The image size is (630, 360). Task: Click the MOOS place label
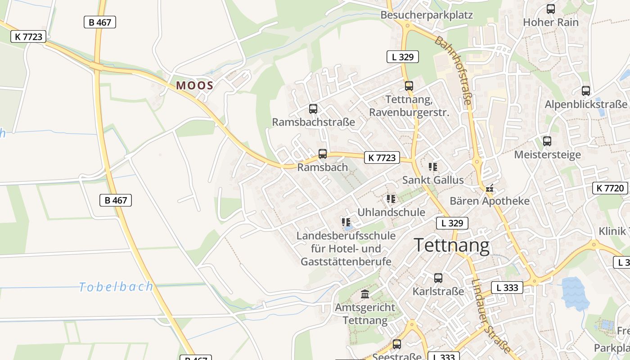(194, 85)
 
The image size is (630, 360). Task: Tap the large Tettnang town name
(451, 246)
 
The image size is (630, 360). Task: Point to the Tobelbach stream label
(116, 287)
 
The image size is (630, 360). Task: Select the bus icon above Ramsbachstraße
(313, 109)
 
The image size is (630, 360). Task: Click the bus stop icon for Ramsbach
(323, 154)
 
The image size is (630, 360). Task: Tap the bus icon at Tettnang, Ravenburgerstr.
(409, 85)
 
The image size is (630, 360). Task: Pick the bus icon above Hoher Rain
(550, 9)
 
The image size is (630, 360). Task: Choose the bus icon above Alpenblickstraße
(585, 90)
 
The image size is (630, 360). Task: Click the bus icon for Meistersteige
(547, 141)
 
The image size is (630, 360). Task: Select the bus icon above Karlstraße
(438, 278)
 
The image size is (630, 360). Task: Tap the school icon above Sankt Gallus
(433, 167)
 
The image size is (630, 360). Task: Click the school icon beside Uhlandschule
(391, 198)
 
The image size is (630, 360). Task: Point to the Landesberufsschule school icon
(346, 222)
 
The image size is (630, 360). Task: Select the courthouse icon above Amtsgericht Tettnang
(365, 294)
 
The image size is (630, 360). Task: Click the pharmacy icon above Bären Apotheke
(490, 188)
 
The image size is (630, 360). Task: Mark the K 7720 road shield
(610, 188)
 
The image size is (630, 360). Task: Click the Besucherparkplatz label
(427, 15)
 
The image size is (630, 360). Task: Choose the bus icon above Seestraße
(396, 344)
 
